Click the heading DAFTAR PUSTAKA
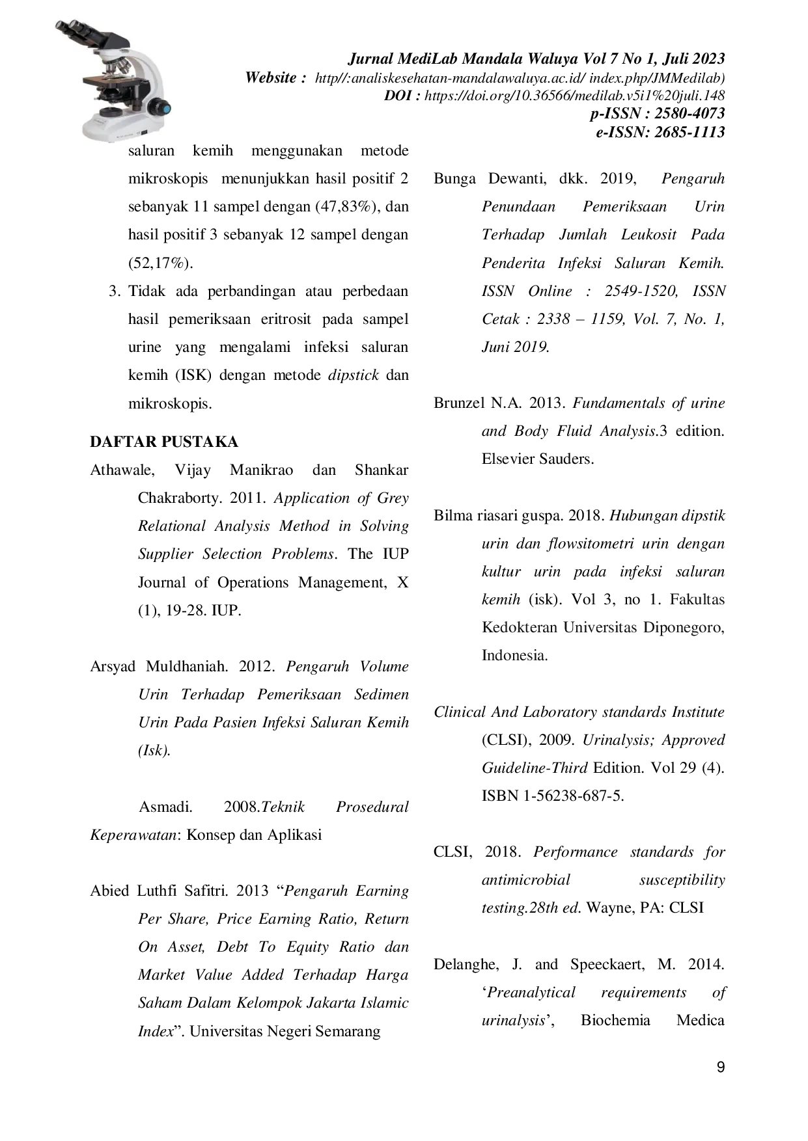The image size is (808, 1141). pos(164,442)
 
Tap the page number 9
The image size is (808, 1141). pos(720,1067)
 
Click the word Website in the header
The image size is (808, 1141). pos(271,78)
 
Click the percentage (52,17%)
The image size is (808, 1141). pos(161,263)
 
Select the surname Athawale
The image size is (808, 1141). pos(122,470)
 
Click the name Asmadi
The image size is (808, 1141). pos(165,807)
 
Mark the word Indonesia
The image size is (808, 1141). pos(514,656)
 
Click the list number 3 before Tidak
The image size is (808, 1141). pos(115,291)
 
